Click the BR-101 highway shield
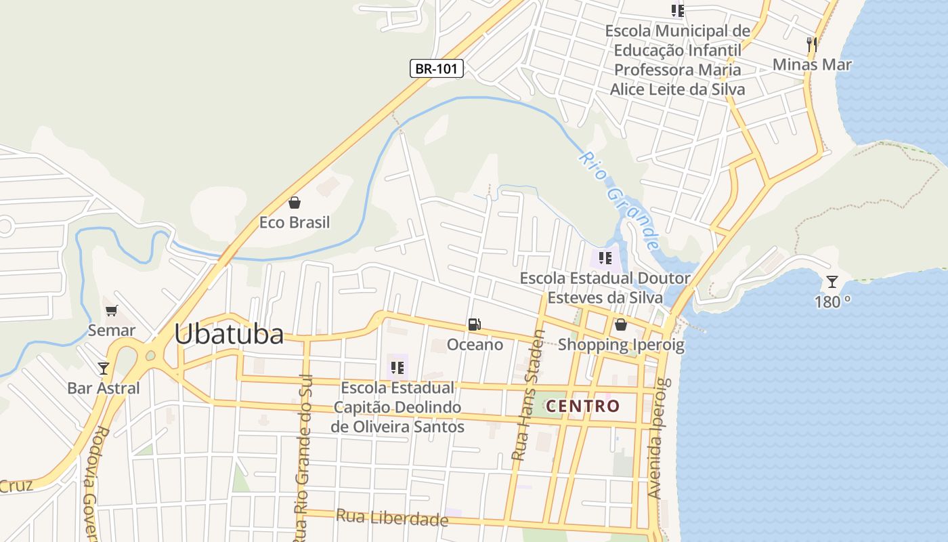pyautogui.click(x=437, y=68)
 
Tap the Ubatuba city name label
pyautogui.click(x=229, y=334)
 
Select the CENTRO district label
pyautogui.click(x=583, y=406)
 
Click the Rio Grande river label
pyautogui.click(x=619, y=201)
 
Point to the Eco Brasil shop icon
pyautogui.click(x=295, y=202)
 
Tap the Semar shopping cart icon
pyautogui.click(x=112, y=310)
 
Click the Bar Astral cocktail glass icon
pyautogui.click(x=104, y=368)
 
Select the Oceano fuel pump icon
pyautogui.click(x=475, y=325)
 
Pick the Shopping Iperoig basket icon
pyautogui.click(x=620, y=325)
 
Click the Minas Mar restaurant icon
pyautogui.click(x=812, y=45)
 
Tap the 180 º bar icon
pyautogui.click(x=832, y=282)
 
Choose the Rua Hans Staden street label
pyautogui.click(x=528, y=395)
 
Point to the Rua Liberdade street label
pyautogui.click(x=392, y=518)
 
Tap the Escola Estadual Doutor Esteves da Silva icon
pyautogui.click(x=605, y=258)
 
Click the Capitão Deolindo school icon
pyautogui.click(x=397, y=368)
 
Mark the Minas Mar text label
pyautogui.click(x=812, y=64)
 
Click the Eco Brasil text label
pyautogui.click(x=295, y=222)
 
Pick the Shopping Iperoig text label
pyautogui.click(x=621, y=345)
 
